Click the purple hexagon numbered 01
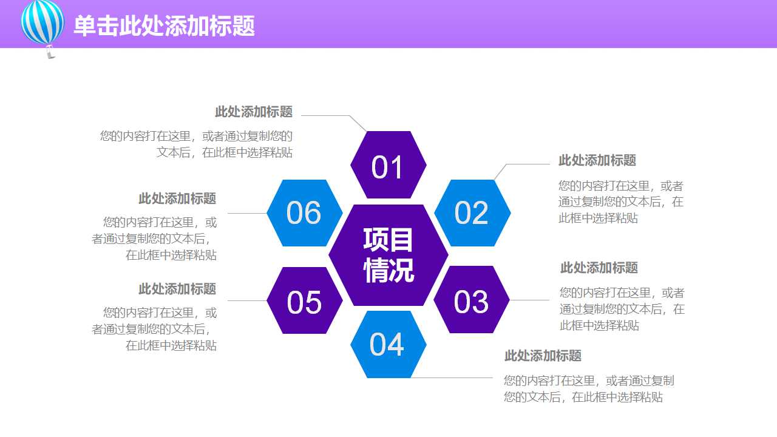tap(388, 165)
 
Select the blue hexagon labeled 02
tap(472, 213)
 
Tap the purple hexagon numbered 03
tap(472, 300)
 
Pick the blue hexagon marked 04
tap(388, 344)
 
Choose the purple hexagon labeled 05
tap(305, 300)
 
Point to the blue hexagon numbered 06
tap(305, 213)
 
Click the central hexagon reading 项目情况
tap(388, 256)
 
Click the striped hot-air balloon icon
tap(42, 22)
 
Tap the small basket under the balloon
tap(50, 54)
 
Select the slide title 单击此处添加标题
tap(164, 26)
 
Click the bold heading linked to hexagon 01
tap(254, 112)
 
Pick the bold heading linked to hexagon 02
tap(597, 160)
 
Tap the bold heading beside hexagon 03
tap(599, 268)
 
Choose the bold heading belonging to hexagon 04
tap(543, 356)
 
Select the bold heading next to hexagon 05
tap(177, 289)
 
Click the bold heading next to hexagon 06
tap(177, 198)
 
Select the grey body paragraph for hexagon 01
tap(197, 144)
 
